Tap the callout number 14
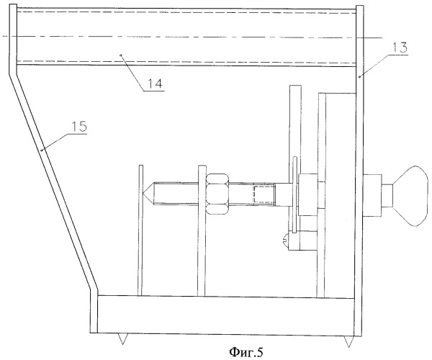click(155, 83)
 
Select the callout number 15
click(79, 127)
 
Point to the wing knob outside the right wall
click(410, 196)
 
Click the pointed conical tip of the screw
click(148, 194)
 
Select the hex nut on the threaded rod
click(217, 194)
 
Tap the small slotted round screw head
click(287, 239)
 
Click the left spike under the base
click(122, 339)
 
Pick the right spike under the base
click(348, 341)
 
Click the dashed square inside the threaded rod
click(264, 194)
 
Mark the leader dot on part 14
click(121, 55)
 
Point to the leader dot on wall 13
click(360, 78)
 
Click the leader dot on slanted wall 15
click(42, 150)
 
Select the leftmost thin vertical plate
click(141, 230)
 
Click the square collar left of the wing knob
click(372, 195)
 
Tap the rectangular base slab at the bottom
click(225, 315)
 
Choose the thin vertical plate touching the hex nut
click(202, 231)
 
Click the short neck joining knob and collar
click(387, 196)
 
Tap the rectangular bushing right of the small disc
click(307, 195)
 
